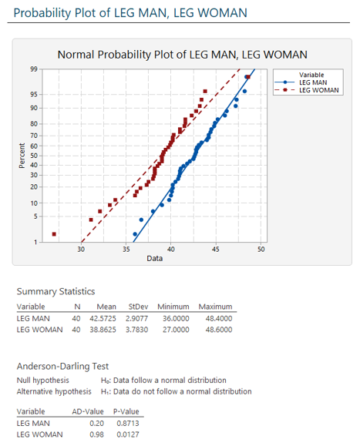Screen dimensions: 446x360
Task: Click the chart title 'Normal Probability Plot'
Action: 182,55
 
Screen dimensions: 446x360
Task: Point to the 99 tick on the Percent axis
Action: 34,70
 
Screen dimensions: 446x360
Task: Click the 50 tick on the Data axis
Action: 261,249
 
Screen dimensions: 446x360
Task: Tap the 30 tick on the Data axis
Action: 82,249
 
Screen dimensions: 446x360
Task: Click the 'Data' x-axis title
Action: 154,258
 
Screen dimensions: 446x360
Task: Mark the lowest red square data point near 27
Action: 54,234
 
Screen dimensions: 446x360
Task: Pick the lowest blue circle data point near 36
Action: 135,234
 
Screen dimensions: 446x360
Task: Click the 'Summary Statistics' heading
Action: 56,291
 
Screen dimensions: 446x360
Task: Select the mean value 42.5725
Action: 106,318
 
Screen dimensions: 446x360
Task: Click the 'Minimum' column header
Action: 175,307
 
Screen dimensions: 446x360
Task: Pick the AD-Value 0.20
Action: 96,423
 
